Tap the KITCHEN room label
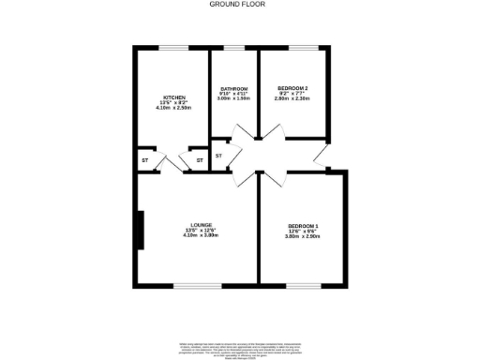(x=173, y=97)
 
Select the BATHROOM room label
(x=233, y=88)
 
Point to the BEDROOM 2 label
(x=292, y=88)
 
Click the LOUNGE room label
(x=200, y=225)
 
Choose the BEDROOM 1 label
(x=303, y=227)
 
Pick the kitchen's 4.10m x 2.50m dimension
(x=173, y=108)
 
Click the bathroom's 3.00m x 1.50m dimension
(x=233, y=98)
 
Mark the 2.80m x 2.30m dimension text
(x=292, y=98)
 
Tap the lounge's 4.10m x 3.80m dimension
(x=200, y=235)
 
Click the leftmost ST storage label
(x=145, y=160)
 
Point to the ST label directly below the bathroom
(x=218, y=155)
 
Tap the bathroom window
(x=233, y=48)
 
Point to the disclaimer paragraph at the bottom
(x=239, y=349)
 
